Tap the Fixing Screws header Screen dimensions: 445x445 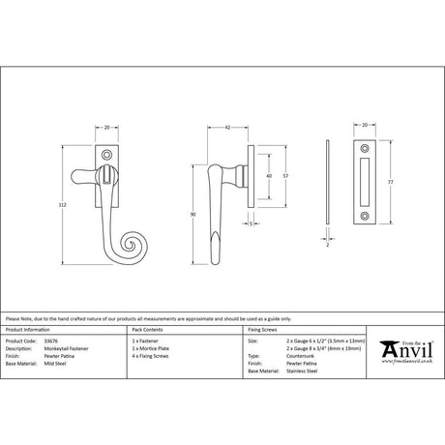coord(266,332)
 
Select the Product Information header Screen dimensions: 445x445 coord(29,332)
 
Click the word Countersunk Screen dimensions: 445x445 coord(303,356)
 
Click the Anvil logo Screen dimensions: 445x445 coord(404,350)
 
